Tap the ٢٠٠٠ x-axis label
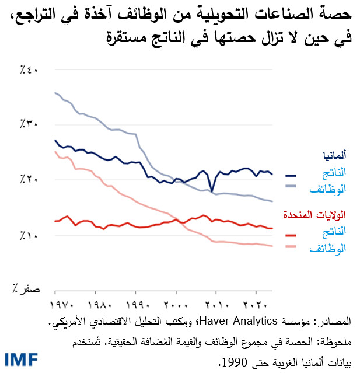[176, 305]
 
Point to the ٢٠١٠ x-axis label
[216, 305]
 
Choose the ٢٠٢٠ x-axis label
[256, 305]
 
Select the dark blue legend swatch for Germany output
[291, 175]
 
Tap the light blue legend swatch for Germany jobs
[291, 187]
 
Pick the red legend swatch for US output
[291, 235]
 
